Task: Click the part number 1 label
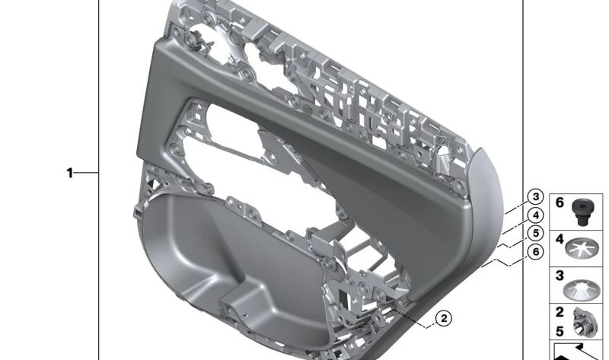pos(70,173)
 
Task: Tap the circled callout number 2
pos(444,318)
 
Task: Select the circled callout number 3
pos(536,197)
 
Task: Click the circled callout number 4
pos(536,215)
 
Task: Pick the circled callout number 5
pos(536,234)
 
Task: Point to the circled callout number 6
pos(536,252)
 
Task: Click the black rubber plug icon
pos(582,212)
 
